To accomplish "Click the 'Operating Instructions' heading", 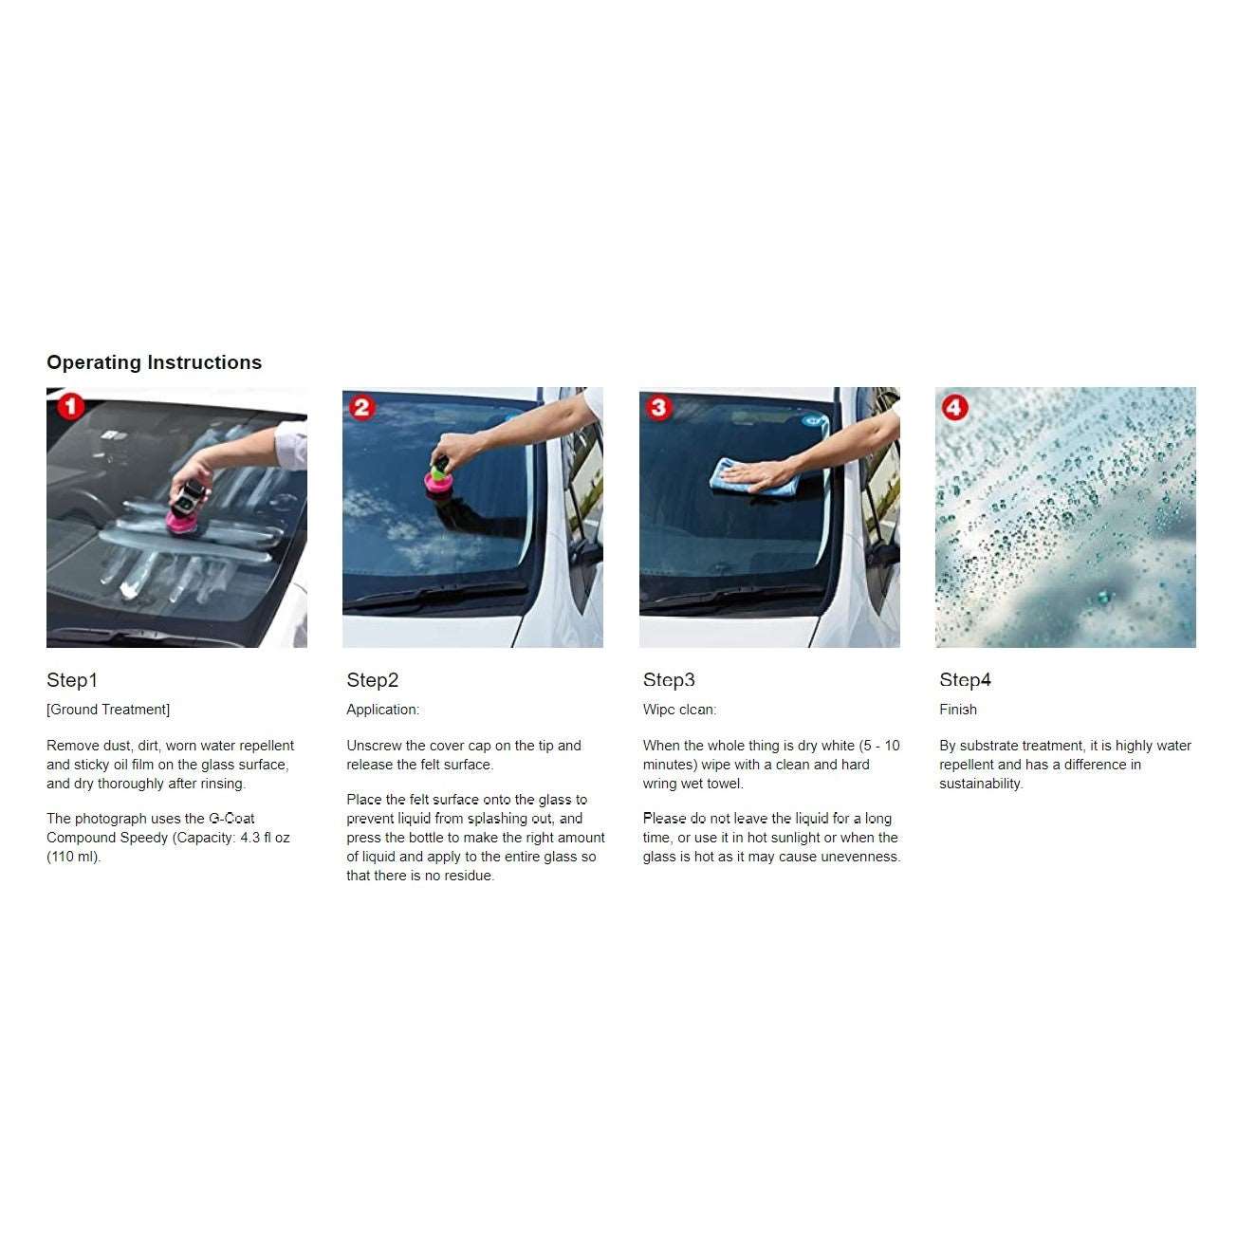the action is pyautogui.click(x=154, y=362).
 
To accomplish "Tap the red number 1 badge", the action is pyautogui.click(x=70, y=406).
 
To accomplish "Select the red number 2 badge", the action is pyautogui.click(x=362, y=407).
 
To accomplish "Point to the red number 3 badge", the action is pyautogui.click(x=658, y=407).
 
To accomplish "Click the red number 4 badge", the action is pyautogui.click(x=954, y=407).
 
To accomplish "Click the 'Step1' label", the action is pyautogui.click(x=72, y=680).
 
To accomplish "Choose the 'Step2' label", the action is pyautogui.click(x=372, y=680).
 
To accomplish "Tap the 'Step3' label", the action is pyautogui.click(x=669, y=680).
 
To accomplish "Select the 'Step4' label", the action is pyautogui.click(x=965, y=680).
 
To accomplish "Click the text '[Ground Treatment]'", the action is pyautogui.click(x=108, y=710).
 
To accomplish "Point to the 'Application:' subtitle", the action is pyautogui.click(x=382, y=710).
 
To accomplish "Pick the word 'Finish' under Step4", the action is pyautogui.click(x=958, y=710).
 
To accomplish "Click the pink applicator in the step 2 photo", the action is pyautogui.click(x=438, y=482).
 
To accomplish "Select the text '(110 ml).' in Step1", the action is pyautogui.click(x=73, y=857).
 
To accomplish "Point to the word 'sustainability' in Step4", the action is pyautogui.click(x=980, y=784).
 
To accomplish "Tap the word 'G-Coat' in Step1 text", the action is pyautogui.click(x=231, y=819).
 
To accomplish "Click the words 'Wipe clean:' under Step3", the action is pyautogui.click(x=679, y=710).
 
